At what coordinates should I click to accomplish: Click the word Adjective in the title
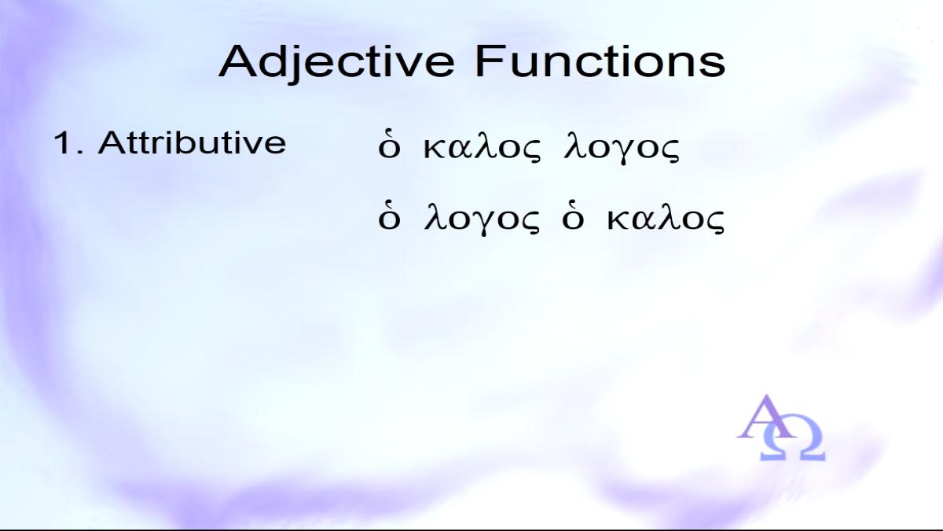click(x=336, y=64)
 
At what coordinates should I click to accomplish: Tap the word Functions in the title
click(x=600, y=61)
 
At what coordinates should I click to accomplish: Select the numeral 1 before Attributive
click(x=61, y=142)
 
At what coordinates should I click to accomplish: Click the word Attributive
click(x=192, y=142)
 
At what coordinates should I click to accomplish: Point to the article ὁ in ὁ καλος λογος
click(x=388, y=146)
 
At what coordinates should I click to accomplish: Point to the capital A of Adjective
click(x=238, y=61)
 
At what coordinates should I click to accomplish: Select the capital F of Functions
click(x=489, y=61)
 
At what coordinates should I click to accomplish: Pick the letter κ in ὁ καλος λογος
click(x=435, y=149)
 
